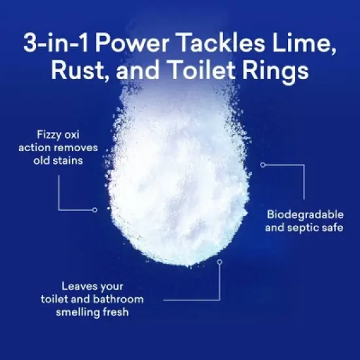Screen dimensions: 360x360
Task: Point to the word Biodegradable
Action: [x=305, y=215]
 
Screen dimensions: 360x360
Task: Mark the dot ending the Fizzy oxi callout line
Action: [x=95, y=209]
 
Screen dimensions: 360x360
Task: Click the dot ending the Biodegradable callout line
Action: [x=262, y=164]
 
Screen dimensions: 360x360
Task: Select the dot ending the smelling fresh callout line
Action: [x=219, y=262]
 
